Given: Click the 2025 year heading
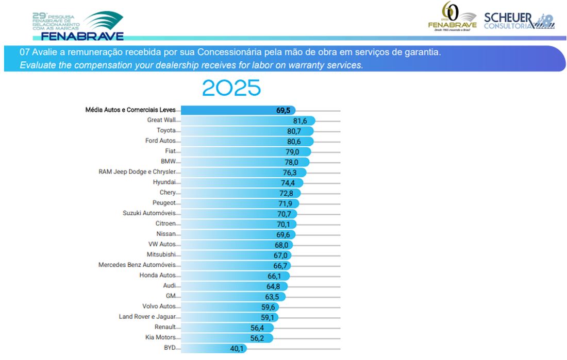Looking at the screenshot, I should [231, 88].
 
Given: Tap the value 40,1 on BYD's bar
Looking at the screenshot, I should [237, 348].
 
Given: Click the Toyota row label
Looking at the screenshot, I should [166, 131].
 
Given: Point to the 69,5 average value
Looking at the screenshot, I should [283, 110].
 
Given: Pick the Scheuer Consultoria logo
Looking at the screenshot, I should [519, 21].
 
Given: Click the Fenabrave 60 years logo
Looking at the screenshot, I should [452, 17].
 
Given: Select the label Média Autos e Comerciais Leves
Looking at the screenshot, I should [130, 110].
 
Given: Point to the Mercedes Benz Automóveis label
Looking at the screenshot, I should [137, 265].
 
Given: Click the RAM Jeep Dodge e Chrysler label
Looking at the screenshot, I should [137, 172].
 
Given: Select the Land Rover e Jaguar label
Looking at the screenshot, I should [147, 317].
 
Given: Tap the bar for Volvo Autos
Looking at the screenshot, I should [222, 306].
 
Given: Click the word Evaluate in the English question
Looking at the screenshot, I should [37, 65].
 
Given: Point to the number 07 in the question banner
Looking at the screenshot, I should [24, 53].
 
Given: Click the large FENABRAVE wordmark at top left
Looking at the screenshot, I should [82, 36].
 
